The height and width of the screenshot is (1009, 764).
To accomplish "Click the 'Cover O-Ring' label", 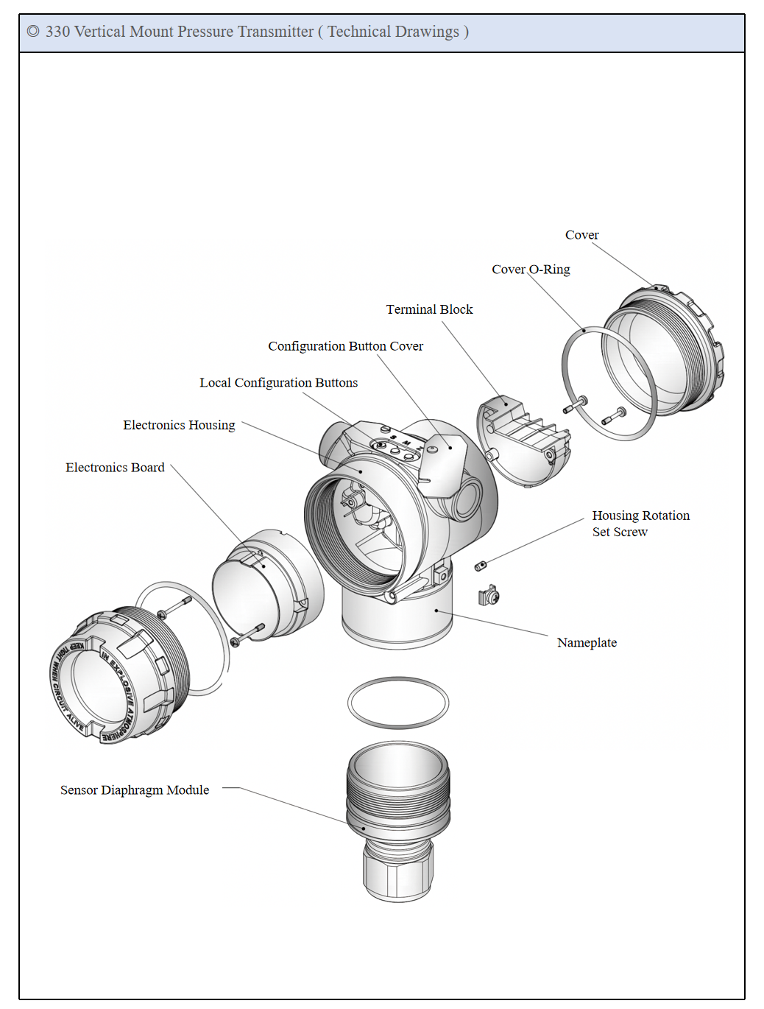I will tap(531, 270).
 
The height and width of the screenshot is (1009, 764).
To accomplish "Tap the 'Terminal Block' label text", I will tap(429, 309).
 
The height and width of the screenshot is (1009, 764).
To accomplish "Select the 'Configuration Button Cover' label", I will tap(345, 346).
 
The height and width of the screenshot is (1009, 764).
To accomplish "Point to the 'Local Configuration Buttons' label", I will tap(278, 383).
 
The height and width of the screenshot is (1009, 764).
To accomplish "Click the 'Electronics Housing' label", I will tap(179, 425).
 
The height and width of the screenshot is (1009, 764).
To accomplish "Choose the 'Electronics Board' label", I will tap(115, 468).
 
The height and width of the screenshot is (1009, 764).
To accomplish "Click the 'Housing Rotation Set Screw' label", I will tap(640, 524).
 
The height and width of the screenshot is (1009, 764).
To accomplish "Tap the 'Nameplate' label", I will tap(587, 643).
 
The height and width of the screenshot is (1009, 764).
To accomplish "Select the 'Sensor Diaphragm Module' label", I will tap(135, 790).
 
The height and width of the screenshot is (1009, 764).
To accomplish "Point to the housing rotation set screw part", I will tap(481, 566).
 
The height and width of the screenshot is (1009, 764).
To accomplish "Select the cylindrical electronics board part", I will tap(266, 584).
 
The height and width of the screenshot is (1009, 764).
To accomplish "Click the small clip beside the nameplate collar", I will tap(489, 595).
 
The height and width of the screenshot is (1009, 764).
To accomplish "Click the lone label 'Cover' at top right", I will tap(581, 235).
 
